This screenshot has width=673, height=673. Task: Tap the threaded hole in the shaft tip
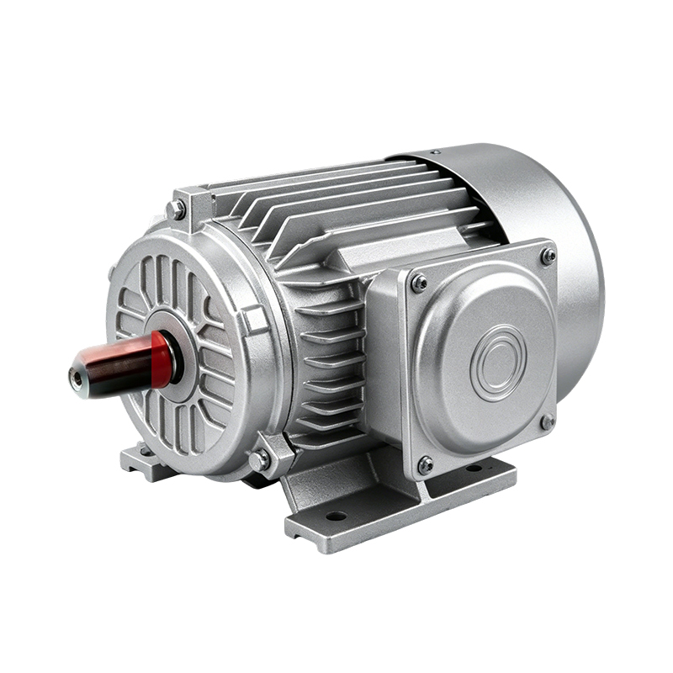pos(77,380)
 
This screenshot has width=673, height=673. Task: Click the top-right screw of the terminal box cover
pos(548,254)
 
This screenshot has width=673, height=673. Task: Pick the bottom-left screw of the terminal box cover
pos(426,463)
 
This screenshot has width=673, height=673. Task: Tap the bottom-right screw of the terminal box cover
pos(547,421)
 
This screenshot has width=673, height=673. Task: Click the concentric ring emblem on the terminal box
pos(498,363)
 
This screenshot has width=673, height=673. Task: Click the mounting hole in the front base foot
pos(336,515)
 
